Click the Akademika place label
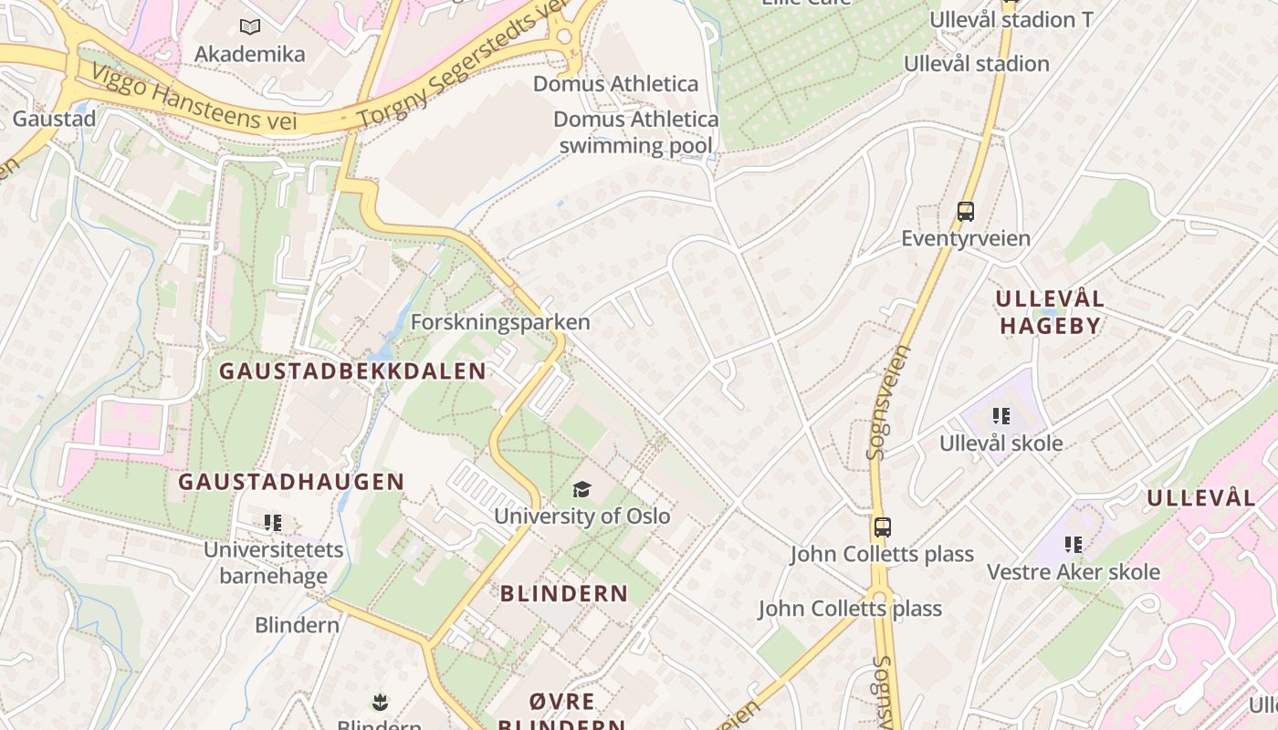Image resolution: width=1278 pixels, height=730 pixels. pyautogui.click(x=249, y=55)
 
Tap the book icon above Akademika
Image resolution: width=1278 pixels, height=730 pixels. pyautogui.click(x=249, y=27)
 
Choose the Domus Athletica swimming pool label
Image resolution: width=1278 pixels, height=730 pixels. pyautogui.click(x=635, y=132)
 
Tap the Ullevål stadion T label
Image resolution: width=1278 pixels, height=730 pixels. pyautogui.click(x=1011, y=20)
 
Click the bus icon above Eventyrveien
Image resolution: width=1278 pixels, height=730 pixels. pyautogui.click(x=966, y=212)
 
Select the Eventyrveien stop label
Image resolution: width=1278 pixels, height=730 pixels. pyautogui.click(x=966, y=239)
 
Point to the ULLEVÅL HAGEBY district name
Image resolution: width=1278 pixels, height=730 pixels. pyautogui.click(x=1050, y=312)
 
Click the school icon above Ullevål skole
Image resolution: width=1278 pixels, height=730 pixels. pyautogui.click(x=1001, y=416)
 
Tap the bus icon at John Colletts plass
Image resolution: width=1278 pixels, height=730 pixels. pyautogui.click(x=882, y=527)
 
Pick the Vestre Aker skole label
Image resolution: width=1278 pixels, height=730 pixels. pyautogui.click(x=1074, y=572)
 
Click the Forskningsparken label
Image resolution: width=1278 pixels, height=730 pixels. pyautogui.click(x=500, y=323)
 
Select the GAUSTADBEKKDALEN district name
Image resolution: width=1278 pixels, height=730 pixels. pyautogui.click(x=352, y=371)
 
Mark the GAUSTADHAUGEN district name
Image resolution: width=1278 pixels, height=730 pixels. pyautogui.click(x=291, y=482)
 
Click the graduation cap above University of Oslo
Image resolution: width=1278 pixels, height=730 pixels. pyautogui.click(x=582, y=490)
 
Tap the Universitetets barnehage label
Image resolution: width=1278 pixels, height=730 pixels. pyautogui.click(x=273, y=563)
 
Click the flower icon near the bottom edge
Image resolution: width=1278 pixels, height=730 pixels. pyautogui.click(x=380, y=702)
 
